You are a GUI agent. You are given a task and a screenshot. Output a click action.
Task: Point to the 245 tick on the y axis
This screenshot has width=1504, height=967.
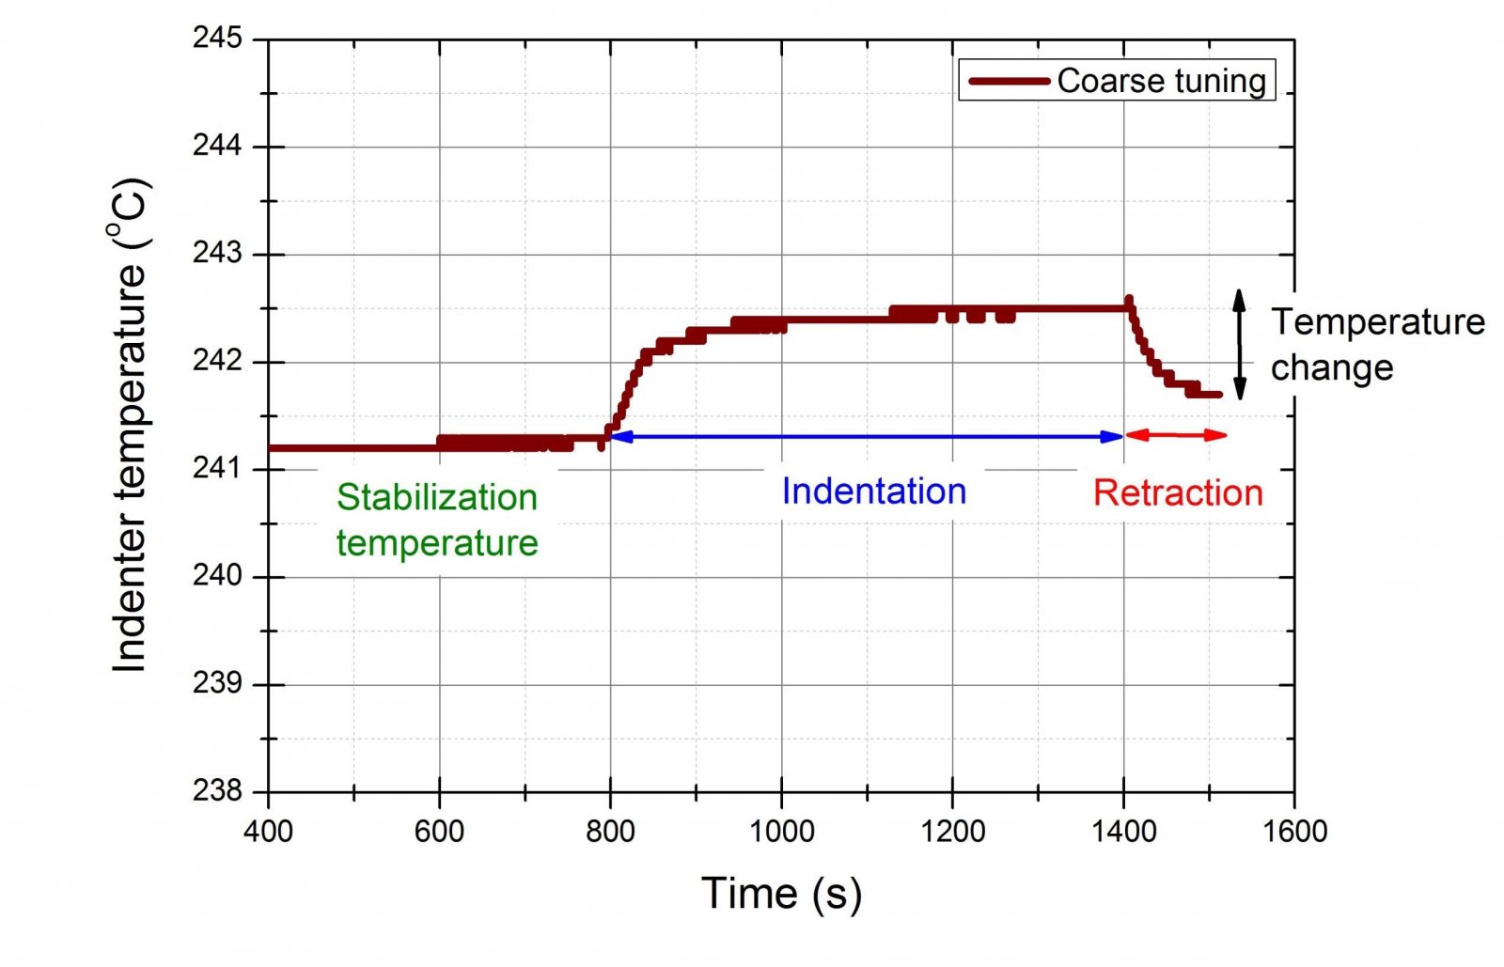coord(217,39)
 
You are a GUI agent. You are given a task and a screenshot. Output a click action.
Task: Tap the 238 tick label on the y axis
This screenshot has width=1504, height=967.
coord(217,791)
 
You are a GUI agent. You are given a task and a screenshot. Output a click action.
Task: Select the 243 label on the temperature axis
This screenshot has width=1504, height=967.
coord(217,254)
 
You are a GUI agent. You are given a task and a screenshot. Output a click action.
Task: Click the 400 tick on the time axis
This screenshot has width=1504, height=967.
coord(269,831)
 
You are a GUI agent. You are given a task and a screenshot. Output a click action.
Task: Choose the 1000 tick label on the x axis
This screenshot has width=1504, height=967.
coord(781,831)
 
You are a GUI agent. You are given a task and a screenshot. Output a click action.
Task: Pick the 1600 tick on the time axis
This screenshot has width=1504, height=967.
coord(1294,831)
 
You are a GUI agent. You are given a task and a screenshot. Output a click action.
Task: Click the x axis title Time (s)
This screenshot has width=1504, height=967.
coord(781,893)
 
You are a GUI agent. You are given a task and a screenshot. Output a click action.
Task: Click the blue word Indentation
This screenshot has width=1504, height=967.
coord(874,491)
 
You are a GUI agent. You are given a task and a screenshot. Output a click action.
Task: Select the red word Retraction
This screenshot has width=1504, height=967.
coord(1178,492)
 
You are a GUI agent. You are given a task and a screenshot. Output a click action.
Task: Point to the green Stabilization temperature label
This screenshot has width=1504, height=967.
coord(437,520)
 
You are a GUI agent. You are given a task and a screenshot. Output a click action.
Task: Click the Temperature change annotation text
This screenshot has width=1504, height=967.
coord(1377,344)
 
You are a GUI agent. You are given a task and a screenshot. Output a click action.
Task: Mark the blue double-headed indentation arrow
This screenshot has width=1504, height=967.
coord(867,436)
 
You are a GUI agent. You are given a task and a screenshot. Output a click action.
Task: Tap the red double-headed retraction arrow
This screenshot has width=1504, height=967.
coord(1176,435)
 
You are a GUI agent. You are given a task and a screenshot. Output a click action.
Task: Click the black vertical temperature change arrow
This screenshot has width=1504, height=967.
coord(1240,344)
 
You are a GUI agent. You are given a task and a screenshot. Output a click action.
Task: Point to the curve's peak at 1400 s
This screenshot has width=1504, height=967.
coord(1129,301)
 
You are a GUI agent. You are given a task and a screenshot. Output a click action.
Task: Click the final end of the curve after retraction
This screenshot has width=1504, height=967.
coord(1218,395)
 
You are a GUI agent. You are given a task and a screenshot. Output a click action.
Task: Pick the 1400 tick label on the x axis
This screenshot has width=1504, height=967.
coord(1123,831)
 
